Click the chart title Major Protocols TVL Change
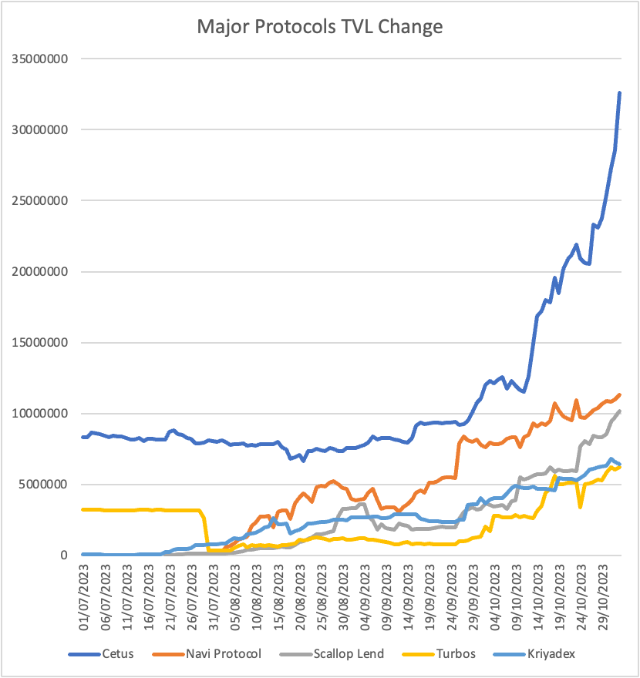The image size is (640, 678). pos(319,27)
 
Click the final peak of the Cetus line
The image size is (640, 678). pos(619,93)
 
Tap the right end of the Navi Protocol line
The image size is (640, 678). pos(619,395)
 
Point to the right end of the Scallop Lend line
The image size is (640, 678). pos(619,411)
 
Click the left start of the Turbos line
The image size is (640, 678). pos(83,509)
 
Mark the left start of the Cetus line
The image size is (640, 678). pos(83,437)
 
